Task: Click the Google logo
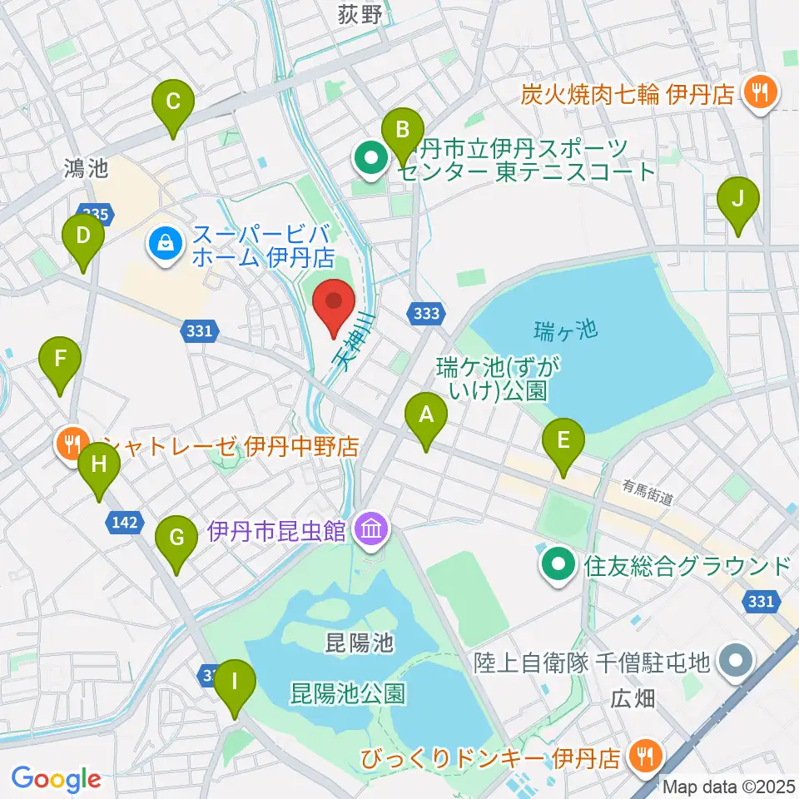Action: coord(56,779)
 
